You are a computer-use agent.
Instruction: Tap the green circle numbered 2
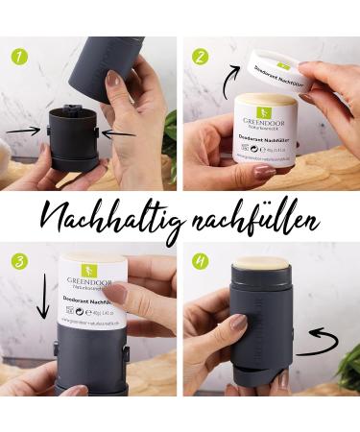click(x=200, y=56)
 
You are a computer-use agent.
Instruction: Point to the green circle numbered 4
click(x=199, y=262)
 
